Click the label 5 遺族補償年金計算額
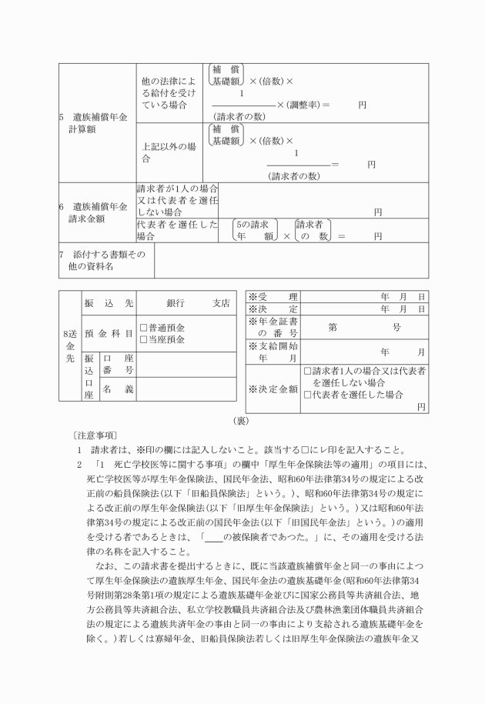click(x=94, y=123)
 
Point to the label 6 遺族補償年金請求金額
click(x=94, y=212)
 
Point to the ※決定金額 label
click(x=272, y=388)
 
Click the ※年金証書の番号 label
click(x=272, y=327)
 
